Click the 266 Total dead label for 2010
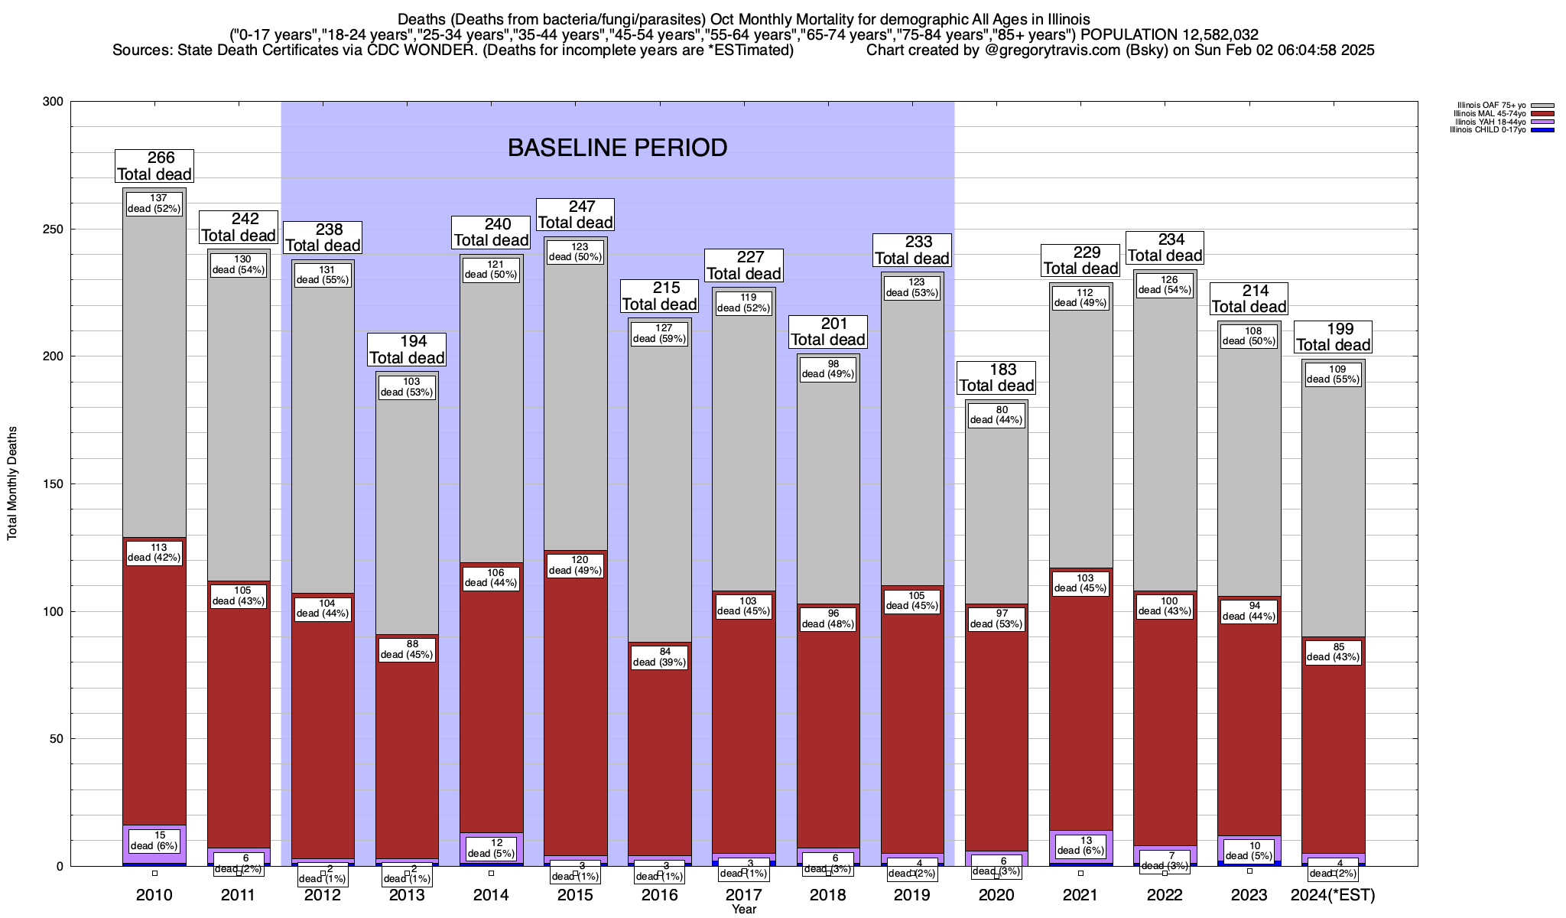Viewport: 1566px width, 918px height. pyautogui.click(x=154, y=166)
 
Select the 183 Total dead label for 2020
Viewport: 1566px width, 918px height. pyautogui.click(x=996, y=378)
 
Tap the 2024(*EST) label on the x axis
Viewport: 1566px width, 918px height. pyautogui.click(x=1333, y=895)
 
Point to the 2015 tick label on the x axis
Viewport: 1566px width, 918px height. pyautogui.click(x=575, y=895)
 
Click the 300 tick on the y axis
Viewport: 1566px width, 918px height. pyautogui.click(x=54, y=102)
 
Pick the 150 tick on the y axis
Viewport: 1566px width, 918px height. pyautogui.click(x=54, y=484)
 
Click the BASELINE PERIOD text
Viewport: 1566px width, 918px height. pyautogui.click(x=617, y=148)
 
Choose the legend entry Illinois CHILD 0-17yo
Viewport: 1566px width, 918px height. pyautogui.click(x=1491, y=130)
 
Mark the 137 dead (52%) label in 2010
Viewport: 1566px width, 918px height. pyautogui.click(x=154, y=203)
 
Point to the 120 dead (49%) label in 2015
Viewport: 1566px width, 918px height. pyautogui.click(x=575, y=565)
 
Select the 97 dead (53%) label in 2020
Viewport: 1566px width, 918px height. pyautogui.click(x=996, y=619)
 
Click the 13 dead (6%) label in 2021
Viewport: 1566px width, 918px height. pyautogui.click(x=1080, y=845)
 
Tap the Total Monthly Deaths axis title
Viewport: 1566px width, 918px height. pyautogui.click(x=12, y=484)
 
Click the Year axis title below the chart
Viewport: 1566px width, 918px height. pyautogui.click(x=743, y=910)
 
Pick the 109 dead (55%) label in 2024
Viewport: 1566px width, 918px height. pyautogui.click(x=1333, y=374)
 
